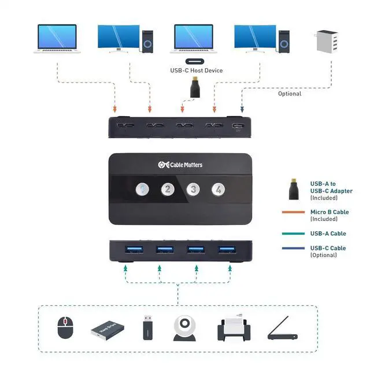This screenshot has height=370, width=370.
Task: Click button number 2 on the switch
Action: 167,188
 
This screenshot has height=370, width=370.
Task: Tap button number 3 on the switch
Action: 193,188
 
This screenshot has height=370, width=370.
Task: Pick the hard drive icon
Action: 107,331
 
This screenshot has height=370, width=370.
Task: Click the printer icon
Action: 232,329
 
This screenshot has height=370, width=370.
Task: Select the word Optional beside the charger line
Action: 290,94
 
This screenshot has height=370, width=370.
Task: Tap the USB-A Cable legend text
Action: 328,234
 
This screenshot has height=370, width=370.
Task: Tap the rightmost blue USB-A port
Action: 225,250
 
